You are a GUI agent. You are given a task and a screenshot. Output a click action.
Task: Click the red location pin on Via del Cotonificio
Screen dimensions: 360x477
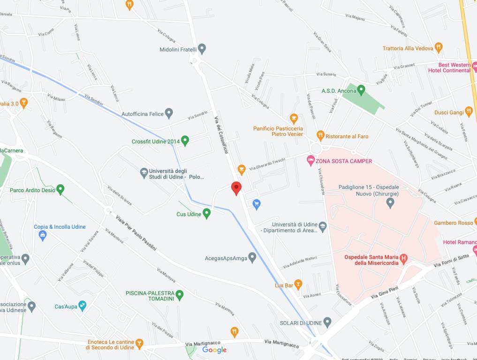[236, 188]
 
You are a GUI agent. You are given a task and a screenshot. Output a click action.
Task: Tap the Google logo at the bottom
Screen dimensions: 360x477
[214, 350]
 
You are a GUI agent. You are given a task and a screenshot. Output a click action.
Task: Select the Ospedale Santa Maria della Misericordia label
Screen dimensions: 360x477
[371, 260]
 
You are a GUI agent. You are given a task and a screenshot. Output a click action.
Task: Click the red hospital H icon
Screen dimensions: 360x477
[403, 257]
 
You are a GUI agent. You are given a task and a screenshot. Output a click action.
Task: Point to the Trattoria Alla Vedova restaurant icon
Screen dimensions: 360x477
[439, 47]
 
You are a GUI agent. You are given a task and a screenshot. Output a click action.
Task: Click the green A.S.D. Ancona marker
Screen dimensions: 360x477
[361, 90]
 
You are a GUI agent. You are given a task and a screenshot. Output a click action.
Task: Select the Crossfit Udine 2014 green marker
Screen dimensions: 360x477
[185, 140]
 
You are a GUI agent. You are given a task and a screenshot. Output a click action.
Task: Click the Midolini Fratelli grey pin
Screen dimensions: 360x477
[202, 48]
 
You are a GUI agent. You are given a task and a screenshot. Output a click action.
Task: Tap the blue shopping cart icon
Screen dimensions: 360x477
[257, 203]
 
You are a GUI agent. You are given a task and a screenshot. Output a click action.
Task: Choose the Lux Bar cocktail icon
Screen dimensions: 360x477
[298, 285]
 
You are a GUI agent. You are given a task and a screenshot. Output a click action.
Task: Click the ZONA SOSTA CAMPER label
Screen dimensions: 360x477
[344, 161]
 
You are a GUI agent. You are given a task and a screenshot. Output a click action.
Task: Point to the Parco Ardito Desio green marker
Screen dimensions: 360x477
[60, 189]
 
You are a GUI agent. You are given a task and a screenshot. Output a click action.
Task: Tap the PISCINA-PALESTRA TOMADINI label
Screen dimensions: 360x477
[150, 296]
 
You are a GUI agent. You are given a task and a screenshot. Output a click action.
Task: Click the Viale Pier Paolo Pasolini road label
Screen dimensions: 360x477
[136, 232]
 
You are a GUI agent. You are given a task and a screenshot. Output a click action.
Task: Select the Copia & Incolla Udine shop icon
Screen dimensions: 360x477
[43, 235]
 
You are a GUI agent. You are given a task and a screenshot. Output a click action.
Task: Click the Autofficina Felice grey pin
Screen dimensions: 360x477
[169, 113]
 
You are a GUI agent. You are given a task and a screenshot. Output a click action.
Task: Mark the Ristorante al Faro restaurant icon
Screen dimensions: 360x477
[320, 136]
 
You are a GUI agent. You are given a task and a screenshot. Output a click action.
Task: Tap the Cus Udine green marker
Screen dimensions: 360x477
[206, 214]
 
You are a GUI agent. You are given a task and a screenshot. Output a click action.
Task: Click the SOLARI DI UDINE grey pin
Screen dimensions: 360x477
[327, 322]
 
